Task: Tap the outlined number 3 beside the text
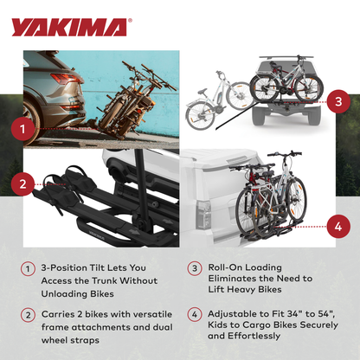196,269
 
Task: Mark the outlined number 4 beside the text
196,317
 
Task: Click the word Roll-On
227,269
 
